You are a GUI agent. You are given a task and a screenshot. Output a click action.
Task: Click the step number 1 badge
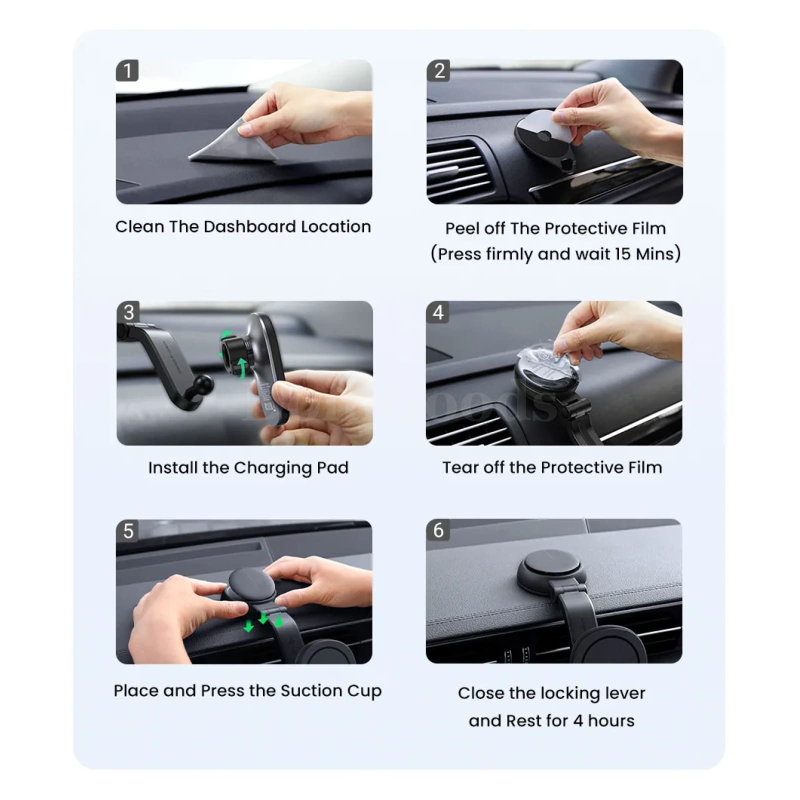[127, 70]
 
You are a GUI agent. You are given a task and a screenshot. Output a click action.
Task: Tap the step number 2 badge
[438, 70]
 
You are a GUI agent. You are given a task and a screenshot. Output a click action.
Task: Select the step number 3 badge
[128, 312]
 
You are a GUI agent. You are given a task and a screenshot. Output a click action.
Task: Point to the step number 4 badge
[437, 312]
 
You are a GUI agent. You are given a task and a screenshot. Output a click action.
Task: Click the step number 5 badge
[128, 530]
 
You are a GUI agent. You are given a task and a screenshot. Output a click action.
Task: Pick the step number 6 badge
[438, 530]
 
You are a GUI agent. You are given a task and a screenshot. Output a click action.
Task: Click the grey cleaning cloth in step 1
[232, 145]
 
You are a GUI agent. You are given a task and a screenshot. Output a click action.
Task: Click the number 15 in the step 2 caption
[622, 254]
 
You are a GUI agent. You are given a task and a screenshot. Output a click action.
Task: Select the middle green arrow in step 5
[263, 618]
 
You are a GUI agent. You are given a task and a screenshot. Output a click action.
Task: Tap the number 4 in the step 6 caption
[578, 721]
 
